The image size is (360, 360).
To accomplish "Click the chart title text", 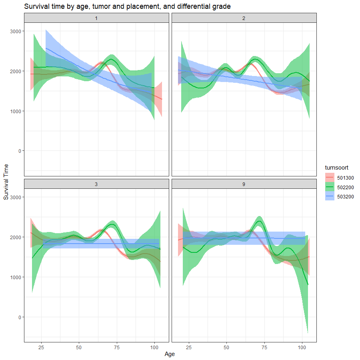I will point(127,6).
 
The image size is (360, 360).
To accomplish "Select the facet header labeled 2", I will point(244,18).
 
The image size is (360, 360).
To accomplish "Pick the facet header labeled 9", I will point(244,184).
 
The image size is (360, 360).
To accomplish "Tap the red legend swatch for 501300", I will point(329,178).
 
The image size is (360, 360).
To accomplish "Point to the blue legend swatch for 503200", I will point(329,197).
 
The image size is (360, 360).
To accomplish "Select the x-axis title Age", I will point(170,354).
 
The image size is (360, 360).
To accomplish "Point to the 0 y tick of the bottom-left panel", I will point(20,317).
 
